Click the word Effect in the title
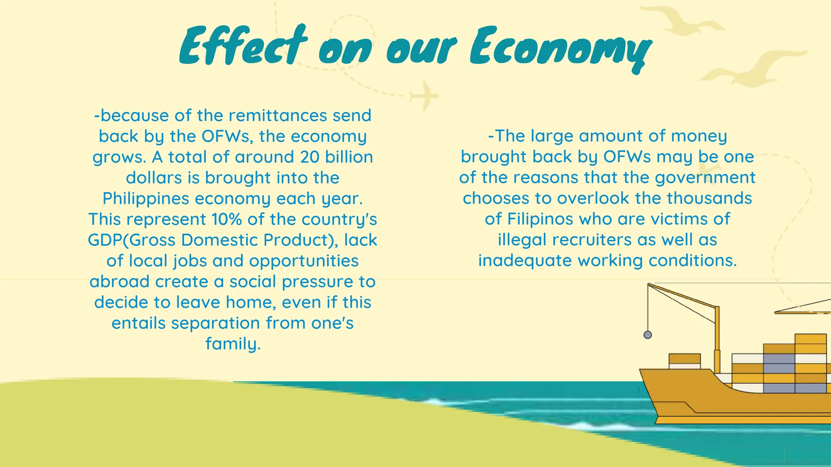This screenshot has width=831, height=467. click(243, 47)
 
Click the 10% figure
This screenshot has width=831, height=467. click(227, 219)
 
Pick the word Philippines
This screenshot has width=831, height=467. click(146, 199)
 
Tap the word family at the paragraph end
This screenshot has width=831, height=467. click(233, 344)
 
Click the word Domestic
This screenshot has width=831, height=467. click(220, 240)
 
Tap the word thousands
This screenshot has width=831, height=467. click(709, 198)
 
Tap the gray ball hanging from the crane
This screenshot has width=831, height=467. click(648, 335)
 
